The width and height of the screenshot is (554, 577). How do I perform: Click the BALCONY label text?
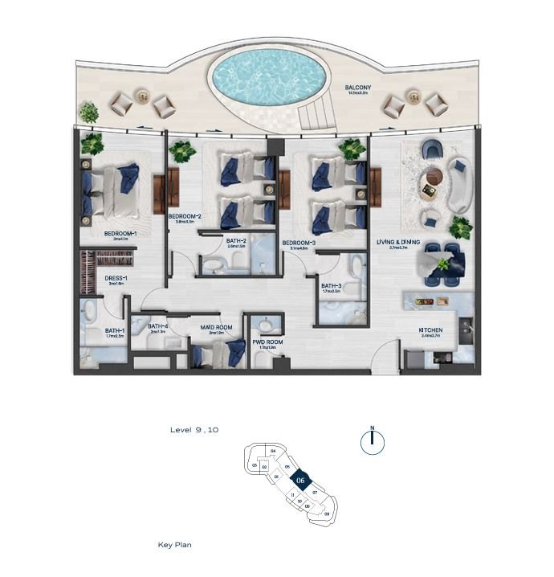(357, 87)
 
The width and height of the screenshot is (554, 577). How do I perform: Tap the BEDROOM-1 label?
(121, 234)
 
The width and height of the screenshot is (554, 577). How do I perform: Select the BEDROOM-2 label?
(185, 217)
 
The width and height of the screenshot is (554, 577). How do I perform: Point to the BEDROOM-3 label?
(299, 243)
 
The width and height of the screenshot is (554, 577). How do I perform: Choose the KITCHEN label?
(431, 330)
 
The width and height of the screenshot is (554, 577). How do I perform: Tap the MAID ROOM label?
(216, 327)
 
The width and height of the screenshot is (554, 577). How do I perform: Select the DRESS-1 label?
(116, 279)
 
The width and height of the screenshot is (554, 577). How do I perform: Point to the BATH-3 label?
(332, 285)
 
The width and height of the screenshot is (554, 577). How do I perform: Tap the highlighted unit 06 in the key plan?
(299, 480)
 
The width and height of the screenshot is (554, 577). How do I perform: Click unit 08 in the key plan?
(326, 513)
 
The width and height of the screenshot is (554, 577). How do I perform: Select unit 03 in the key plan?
(255, 465)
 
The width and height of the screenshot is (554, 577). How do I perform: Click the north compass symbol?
(373, 440)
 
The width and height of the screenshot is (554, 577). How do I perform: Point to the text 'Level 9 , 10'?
(194, 430)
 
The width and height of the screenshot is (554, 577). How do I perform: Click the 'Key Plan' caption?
(174, 545)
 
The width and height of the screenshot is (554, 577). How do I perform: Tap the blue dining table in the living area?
(444, 264)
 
